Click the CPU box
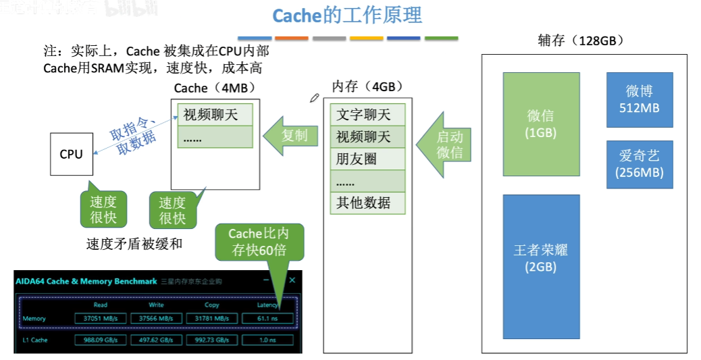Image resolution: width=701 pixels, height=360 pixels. point(71,154)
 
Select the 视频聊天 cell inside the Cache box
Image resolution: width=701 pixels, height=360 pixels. point(214,114)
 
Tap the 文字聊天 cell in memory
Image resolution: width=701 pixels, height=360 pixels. point(367,114)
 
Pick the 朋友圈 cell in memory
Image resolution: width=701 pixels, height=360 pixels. point(367,159)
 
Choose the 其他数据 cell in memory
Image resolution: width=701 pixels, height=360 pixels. point(367,203)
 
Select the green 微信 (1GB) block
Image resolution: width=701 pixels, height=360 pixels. point(541,124)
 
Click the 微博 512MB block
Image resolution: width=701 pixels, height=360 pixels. point(639,100)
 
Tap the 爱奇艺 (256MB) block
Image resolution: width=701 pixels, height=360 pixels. point(639,164)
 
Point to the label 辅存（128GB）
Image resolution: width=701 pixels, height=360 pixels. point(580,41)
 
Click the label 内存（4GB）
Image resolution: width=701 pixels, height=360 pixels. point(367,86)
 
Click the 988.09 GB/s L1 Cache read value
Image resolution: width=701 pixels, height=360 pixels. point(99,340)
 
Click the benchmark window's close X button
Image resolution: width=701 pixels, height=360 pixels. point(292,280)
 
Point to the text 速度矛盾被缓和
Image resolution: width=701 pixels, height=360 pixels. point(134,244)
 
